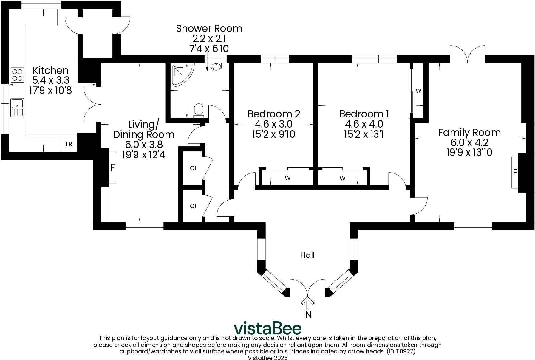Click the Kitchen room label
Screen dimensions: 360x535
pyautogui.click(x=50, y=71)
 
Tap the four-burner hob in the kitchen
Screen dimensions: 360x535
pyautogui.click(x=17, y=75)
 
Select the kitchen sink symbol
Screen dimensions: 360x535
pyautogui.click(x=17, y=108)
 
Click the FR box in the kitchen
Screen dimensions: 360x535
pyautogui.click(x=69, y=144)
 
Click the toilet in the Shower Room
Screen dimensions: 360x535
pyautogui.click(x=198, y=109)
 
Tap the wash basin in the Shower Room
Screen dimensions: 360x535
pyautogui.click(x=216, y=66)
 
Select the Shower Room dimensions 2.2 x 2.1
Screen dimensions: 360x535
pyautogui.click(x=209, y=38)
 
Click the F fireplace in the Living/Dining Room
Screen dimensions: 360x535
pyautogui.click(x=112, y=167)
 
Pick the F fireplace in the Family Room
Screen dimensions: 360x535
pyautogui.click(x=515, y=173)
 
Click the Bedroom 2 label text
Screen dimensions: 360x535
pyautogui.click(x=274, y=114)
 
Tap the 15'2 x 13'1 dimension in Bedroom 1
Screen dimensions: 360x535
pyautogui.click(x=364, y=134)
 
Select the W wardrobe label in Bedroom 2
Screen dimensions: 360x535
pyautogui.click(x=287, y=178)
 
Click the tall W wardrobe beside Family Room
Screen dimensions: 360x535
pyautogui.click(x=418, y=91)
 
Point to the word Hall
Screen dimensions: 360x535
pyautogui.click(x=307, y=255)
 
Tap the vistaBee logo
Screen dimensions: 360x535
pyautogui.click(x=267, y=328)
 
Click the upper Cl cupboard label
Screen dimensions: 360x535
pyautogui.click(x=193, y=168)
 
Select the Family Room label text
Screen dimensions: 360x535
pyautogui.click(x=469, y=132)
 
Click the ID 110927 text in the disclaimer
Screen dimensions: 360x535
pyautogui.click(x=401, y=352)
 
